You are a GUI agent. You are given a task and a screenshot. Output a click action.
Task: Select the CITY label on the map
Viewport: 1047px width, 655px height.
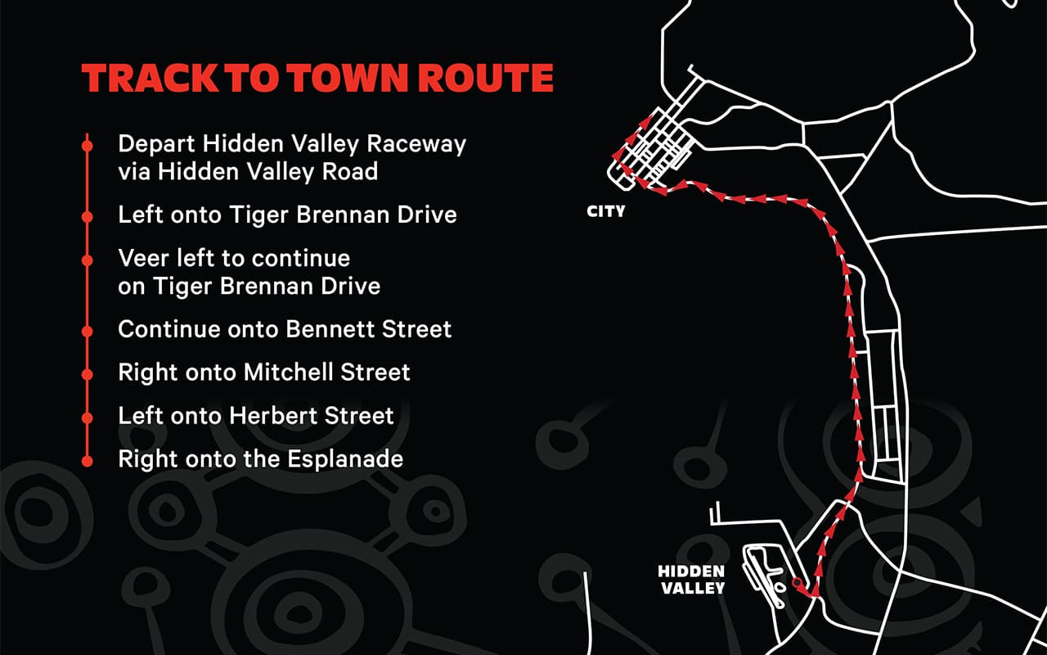pyautogui.click(x=606, y=211)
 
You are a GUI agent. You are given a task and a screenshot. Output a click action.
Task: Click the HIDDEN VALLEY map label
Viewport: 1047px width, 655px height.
pyautogui.click(x=691, y=579)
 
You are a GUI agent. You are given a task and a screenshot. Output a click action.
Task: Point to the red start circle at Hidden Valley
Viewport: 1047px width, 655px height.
pyautogui.click(x=798, y=583)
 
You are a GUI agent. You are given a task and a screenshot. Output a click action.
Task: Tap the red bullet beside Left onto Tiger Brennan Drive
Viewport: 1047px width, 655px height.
pyautogui.click(x=87, y=216)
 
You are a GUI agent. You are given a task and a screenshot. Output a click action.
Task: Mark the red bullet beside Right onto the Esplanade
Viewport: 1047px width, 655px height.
pyautogui.click(x=87, y=461)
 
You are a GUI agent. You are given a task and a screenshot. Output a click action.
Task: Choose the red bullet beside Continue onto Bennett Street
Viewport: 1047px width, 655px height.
pyautogui.click(x=87, y=331)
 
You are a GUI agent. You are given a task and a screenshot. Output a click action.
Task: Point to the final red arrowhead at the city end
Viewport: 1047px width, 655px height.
pyautogui.click(x=631, y=138)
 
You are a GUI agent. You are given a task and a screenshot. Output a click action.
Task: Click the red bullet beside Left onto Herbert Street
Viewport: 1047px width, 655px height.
pyautogui.click(x=87, y=418)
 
